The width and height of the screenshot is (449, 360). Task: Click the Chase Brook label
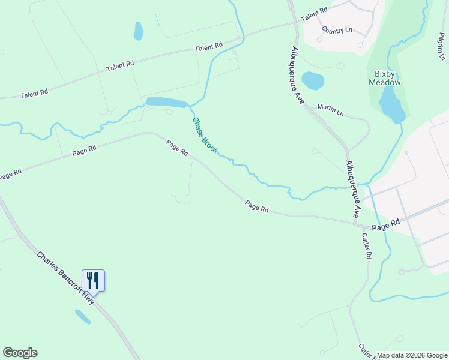205,135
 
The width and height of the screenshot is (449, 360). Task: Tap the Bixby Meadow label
384,78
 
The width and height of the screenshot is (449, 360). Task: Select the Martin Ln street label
330,111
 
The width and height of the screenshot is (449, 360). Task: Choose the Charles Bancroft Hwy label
65,278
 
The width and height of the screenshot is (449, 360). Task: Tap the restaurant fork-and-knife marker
93,280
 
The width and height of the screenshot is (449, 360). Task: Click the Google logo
20,353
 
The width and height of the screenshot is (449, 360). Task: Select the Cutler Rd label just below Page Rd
367,246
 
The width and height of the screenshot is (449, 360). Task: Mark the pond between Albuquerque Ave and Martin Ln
312,80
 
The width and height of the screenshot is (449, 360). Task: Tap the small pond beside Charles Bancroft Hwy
82,316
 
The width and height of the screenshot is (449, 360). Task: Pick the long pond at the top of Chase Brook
166,102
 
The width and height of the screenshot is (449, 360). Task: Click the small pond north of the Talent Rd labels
139,31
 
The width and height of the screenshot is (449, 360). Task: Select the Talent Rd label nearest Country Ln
314,14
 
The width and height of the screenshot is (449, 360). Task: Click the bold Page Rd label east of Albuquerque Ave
385,227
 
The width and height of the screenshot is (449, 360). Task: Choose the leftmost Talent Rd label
34,94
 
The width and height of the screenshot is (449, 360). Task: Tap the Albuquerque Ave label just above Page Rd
352,188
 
